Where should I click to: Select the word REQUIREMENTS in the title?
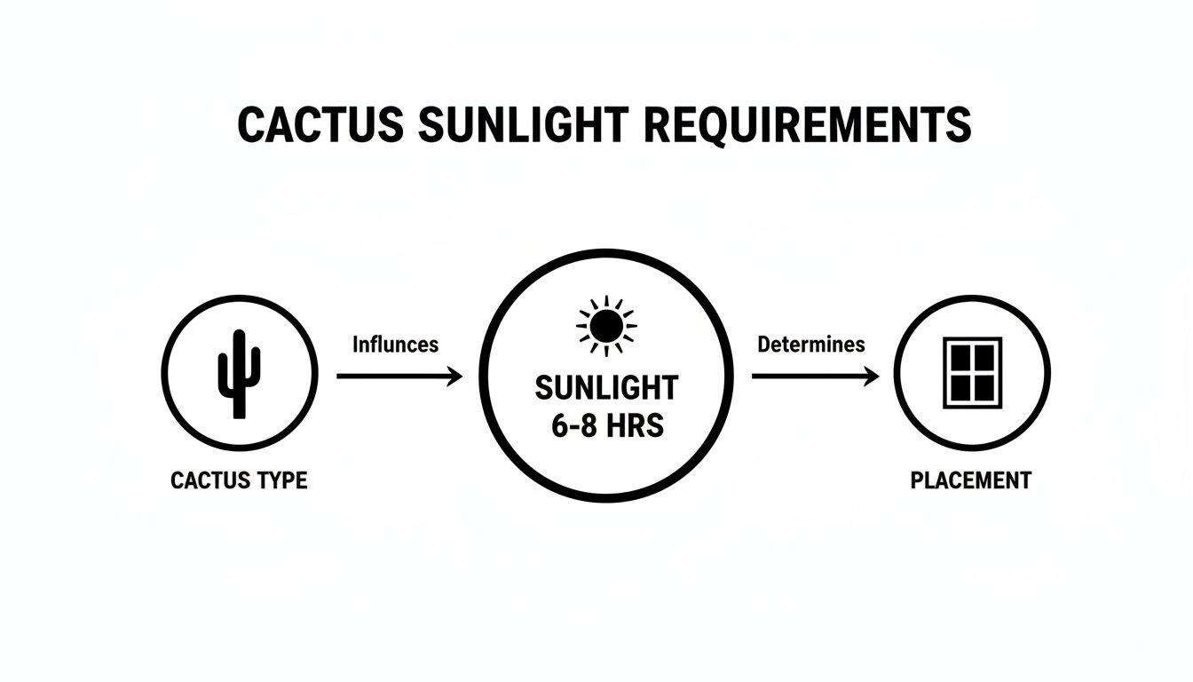coord(808,125)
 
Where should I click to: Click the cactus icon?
coord(239,373)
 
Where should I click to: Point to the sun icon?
coord(606,326)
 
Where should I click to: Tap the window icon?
coord(972,373)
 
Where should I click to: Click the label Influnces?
coord(395,345)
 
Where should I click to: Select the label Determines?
coord(811,345)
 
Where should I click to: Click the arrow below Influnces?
coord(399,377)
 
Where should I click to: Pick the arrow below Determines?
coord(815,377)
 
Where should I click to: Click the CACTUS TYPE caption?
coord(239,481)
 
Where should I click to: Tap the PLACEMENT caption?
coord(971,481)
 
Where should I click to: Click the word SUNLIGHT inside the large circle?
coord(607,388)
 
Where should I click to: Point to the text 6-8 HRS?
coord(607,426)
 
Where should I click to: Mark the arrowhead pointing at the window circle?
coord(871,377)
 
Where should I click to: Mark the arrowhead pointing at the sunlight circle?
coord(455,377)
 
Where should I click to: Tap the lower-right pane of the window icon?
coord(984,387)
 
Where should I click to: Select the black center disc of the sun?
coord(606,327)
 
